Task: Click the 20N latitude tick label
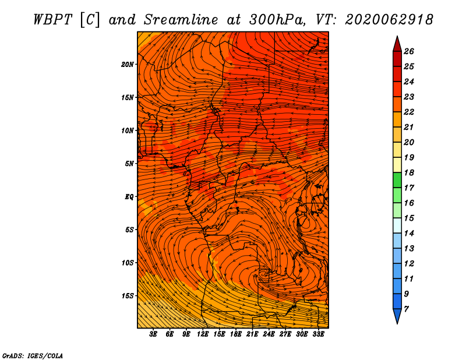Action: pos(128,65)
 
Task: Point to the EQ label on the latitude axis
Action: pos(129,197)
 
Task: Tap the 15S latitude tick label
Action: pos(128,296)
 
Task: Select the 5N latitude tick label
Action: pos(129,164)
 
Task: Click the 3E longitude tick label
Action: pos(153,334)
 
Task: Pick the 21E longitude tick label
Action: pos(252,334)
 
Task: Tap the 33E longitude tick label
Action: pos(318,334)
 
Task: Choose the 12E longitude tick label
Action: pos(202,334)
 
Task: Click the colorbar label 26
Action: pos(409,51)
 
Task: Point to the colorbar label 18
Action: pos(409,172)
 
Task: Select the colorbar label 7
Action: pos(406,309)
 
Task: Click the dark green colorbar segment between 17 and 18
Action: pos(397,180)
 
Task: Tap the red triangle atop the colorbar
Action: pos(397,45)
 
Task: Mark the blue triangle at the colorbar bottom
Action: pos(397,316)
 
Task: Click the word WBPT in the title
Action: pos(52,20)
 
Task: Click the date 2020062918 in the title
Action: pos(389,20)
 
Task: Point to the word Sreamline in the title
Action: pos(181,20)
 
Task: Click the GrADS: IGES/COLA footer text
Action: pos(33,355)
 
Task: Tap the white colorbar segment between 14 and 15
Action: pos(397,225)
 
